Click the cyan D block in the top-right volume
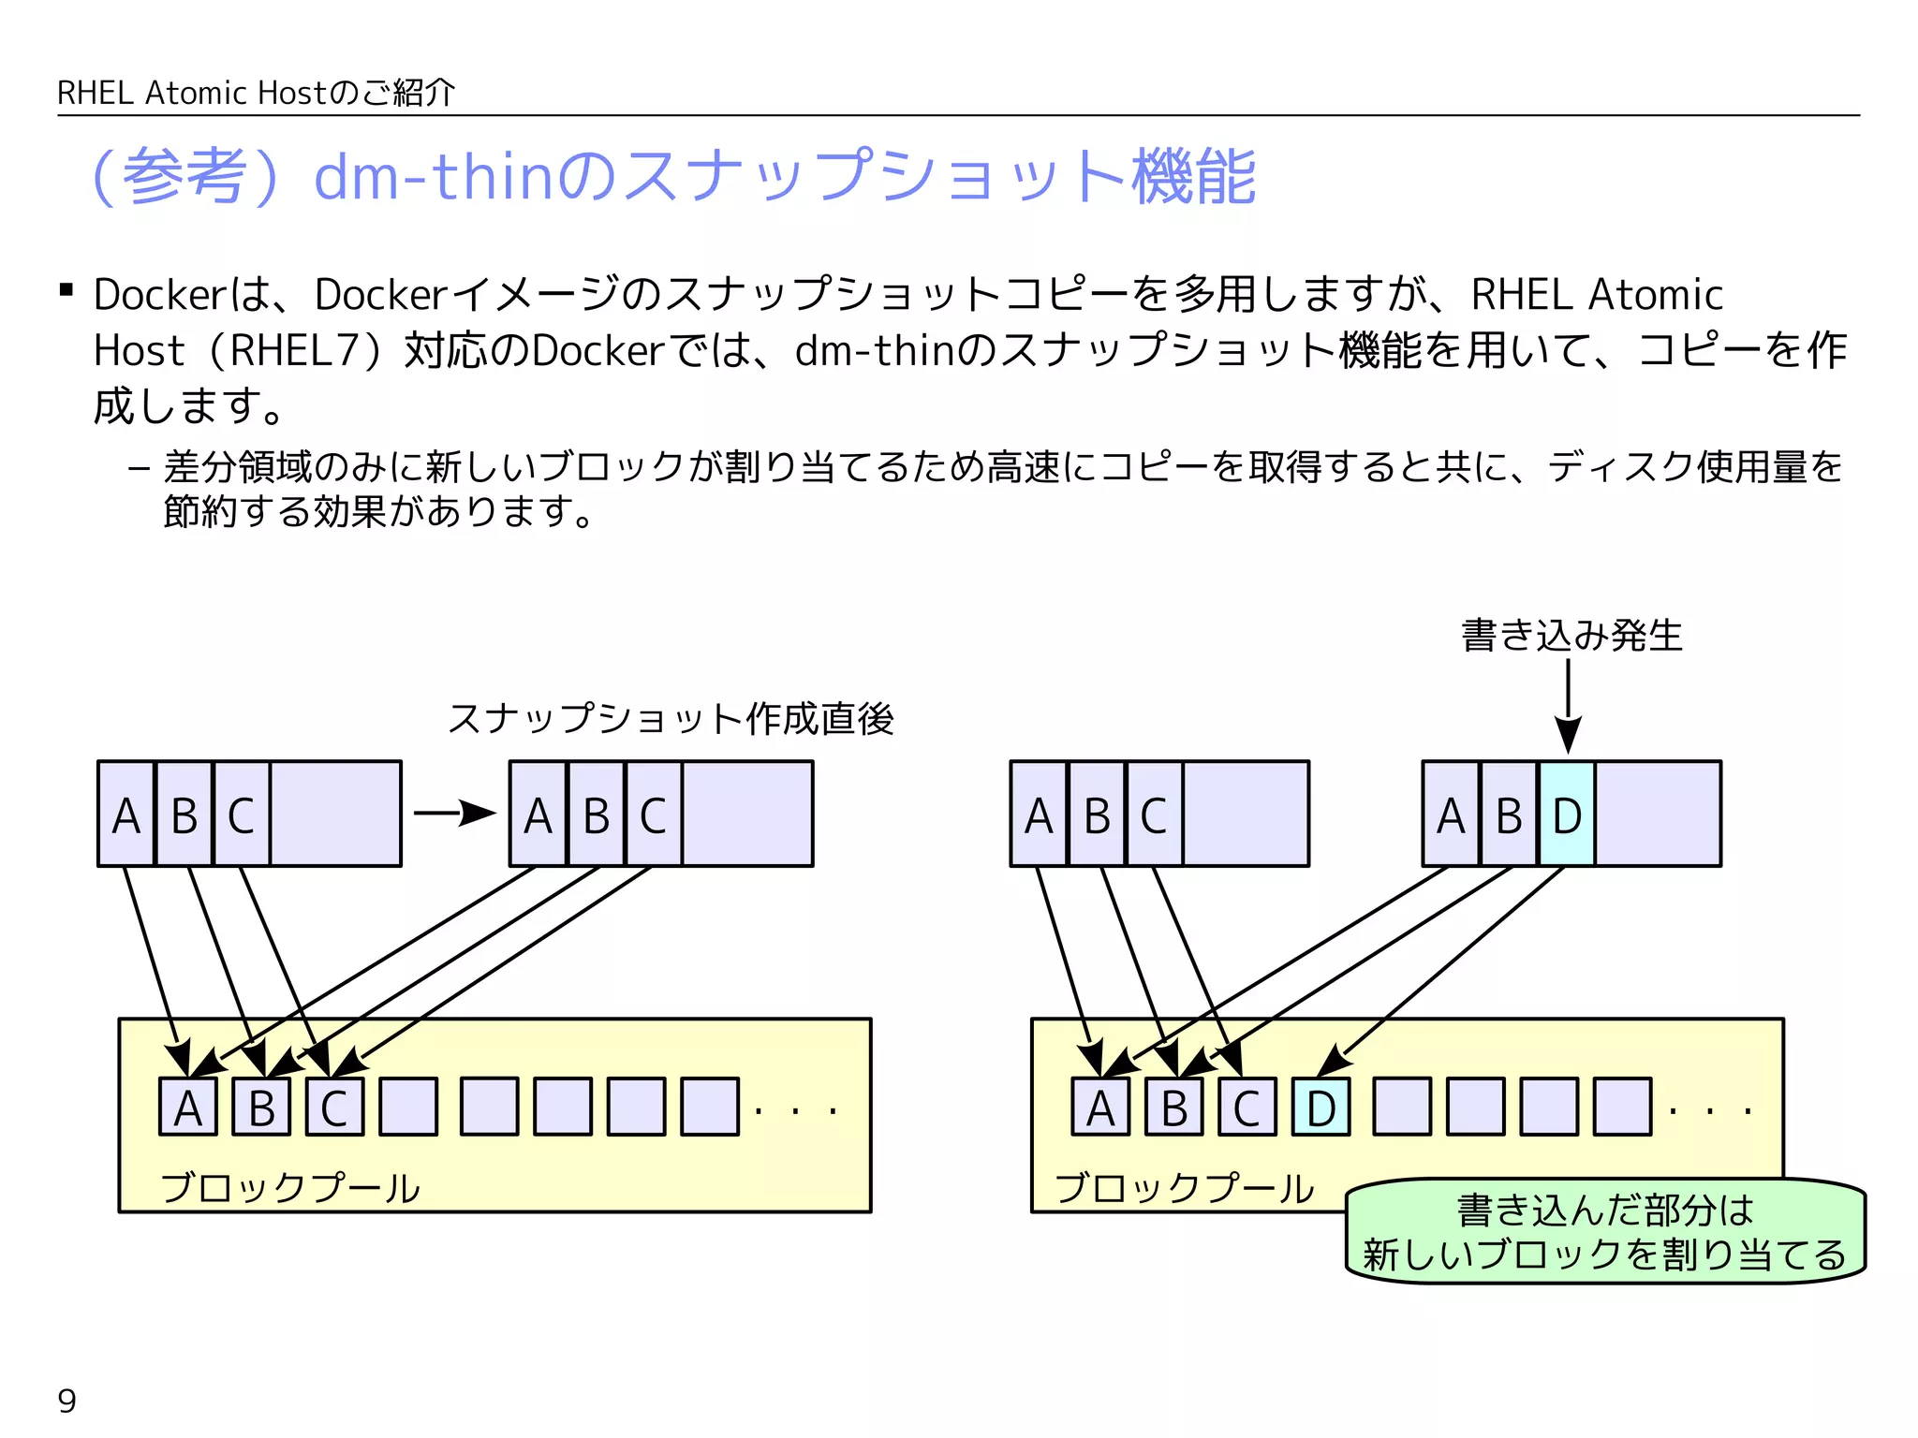point(1567,814)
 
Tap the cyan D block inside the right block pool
point(1320,1108)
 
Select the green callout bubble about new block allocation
point(1605,1232)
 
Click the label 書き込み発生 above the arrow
point(1571,636)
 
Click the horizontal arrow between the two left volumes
point(454,813)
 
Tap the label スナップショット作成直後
point(671,719)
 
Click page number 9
point(67,1401)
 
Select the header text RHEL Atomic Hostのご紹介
point(257,93)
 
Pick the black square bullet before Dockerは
point(66,290)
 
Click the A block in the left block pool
point(188,1108)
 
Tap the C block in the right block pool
point(1247,1108)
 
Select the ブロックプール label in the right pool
point(1185,1187)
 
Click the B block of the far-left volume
point(184,814)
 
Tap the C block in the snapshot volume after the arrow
point(654,814)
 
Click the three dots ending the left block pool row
point(795,1111)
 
